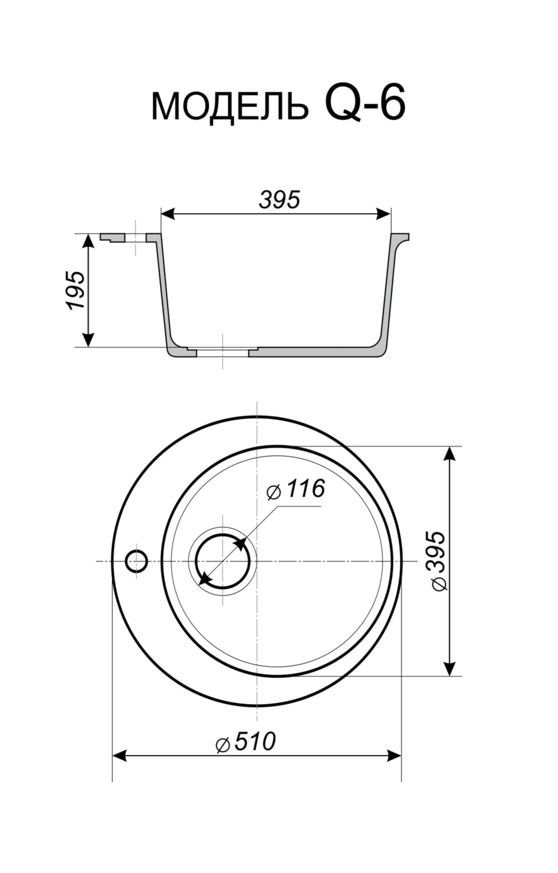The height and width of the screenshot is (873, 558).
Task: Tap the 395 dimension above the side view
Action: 279,200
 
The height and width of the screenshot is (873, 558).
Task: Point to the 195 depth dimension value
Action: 76,290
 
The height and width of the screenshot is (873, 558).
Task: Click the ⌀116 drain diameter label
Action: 295,489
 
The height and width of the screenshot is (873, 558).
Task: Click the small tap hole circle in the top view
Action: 136,561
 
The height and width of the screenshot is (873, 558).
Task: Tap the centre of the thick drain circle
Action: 222,561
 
